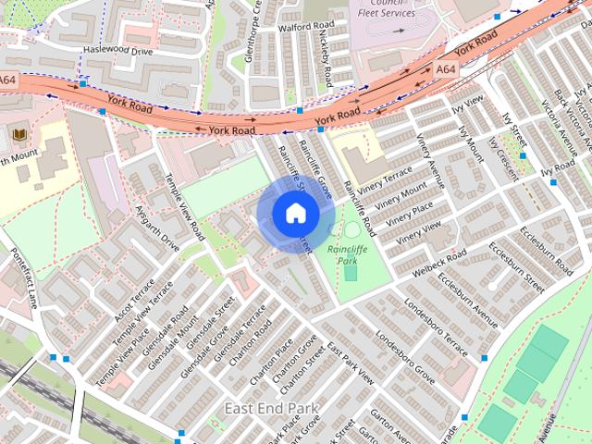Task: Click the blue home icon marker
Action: pos(294,213)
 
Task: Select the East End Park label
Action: pos(271,408)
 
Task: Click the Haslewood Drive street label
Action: pos(117,50)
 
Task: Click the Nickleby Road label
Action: pos(326,51)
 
